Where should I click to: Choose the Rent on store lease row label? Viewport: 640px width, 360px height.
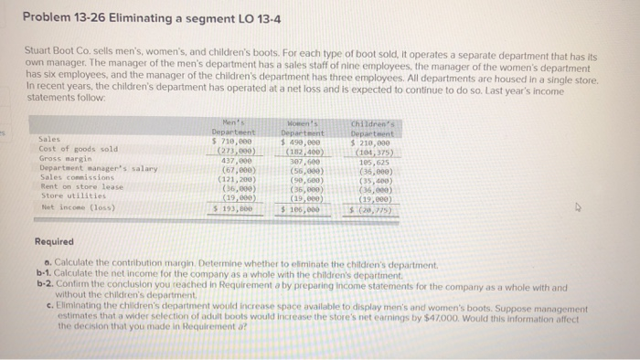click(x=80, y=186)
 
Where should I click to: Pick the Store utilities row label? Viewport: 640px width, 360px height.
click(x=68, y=195)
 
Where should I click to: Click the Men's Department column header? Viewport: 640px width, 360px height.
click(x=240, y=128)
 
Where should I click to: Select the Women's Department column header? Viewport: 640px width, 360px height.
click(x=307, y=128)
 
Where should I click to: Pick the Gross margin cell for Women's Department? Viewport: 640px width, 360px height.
click(x=309, y=160)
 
